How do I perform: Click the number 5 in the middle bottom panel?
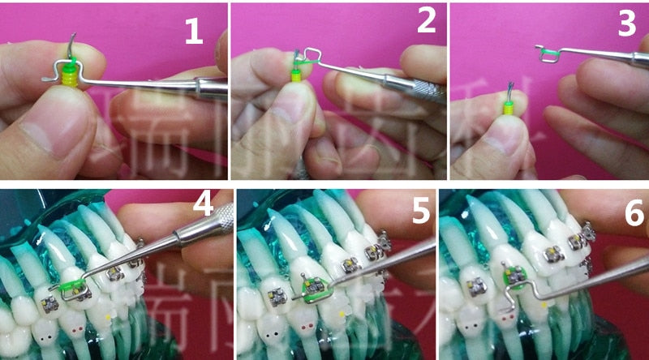pos(420,214)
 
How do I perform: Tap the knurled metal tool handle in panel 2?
pos(422,89)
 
